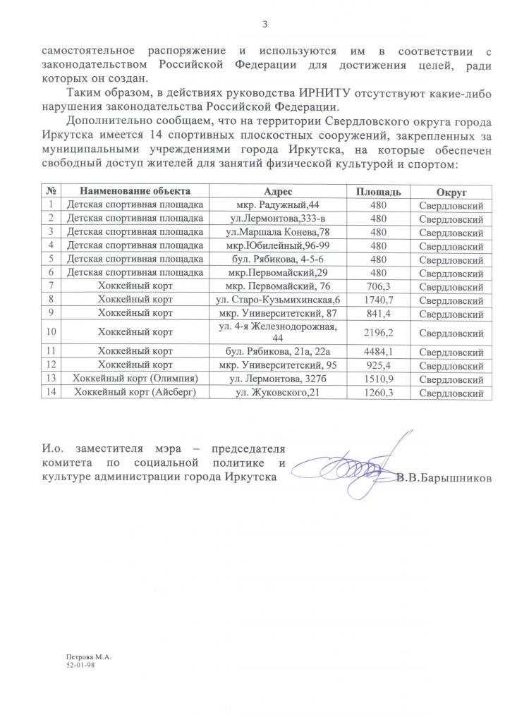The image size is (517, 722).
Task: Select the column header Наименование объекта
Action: [x=134, y=192]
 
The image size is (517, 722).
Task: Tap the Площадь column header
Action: [x=379, y=192]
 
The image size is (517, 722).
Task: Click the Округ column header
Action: [x=451, y=192]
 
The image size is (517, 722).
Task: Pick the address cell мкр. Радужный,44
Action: [x=282, y=205]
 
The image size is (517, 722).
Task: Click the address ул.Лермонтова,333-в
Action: [x=282, y=219]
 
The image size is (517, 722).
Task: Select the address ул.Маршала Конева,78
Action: [x=282, y=232]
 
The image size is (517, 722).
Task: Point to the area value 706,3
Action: [x=379, y=286]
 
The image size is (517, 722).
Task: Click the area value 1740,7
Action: [x=379, y=299]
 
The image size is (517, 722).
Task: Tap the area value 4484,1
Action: [x=379, y=351]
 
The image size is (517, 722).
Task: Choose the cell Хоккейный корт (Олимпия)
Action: [x=134, y=379]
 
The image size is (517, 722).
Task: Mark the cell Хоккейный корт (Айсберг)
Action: [x=134, y=392]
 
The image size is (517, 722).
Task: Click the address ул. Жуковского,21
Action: [x=282, y=392]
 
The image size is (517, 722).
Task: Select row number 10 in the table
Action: [x=51, y=331]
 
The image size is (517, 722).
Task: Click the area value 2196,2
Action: [x=379, y=331]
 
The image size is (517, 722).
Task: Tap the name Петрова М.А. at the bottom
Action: [x=90, y=656]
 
